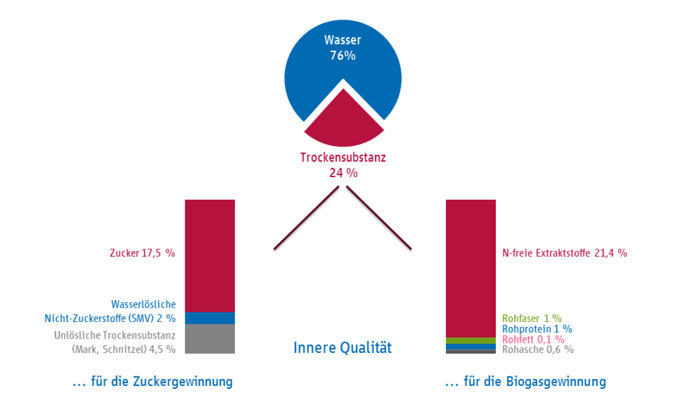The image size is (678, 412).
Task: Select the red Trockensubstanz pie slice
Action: point(343,123)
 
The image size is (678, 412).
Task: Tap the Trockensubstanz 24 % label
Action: point(343,165)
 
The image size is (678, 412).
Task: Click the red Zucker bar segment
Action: point(210,255)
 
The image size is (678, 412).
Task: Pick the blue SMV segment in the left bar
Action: point(210,318)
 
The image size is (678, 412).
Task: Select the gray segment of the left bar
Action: point(210,339)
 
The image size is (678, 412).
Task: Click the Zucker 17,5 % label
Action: point(142,253)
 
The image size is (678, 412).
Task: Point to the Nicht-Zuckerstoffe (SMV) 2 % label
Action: point(110,319)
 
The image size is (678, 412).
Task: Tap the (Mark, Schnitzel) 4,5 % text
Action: point(124,350)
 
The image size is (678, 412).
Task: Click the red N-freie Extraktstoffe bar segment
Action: point(471,268)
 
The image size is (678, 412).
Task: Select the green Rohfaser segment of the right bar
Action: point(471,341)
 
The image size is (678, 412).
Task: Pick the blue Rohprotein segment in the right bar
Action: point(471,347)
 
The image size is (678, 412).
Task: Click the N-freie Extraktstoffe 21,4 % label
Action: point(564,253)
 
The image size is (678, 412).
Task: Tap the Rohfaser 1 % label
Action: point(532,319)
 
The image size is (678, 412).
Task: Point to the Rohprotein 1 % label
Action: point(537,329)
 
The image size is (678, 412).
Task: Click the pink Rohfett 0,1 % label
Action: point(533,339)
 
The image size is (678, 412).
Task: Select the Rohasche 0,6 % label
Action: point(538,350)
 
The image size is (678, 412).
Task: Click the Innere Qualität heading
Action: point(343,347)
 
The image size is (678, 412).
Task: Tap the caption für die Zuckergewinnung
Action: point(152,382)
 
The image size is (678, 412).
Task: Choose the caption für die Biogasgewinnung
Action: point(526,382)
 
